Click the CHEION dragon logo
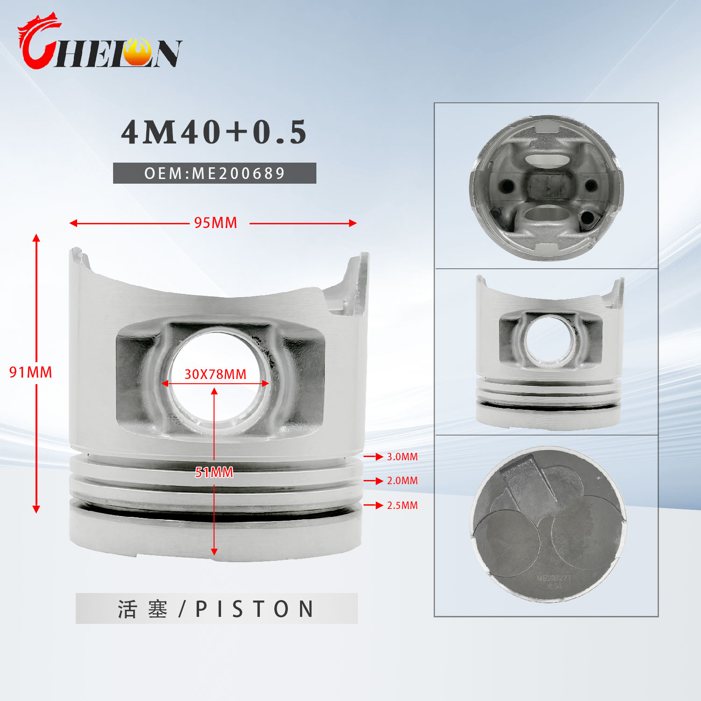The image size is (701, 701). (x=99, y=43)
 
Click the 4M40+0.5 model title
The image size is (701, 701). (x=214, y=132)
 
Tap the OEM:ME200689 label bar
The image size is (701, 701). (x=215, y=173)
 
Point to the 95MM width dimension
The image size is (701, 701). (x=215, y=223)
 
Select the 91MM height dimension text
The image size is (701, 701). (x=31, y=372)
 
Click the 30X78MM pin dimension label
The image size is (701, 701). (x=215, y=374)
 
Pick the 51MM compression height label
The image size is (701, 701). (x=214, y=472)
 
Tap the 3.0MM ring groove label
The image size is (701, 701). (x=402, y=457)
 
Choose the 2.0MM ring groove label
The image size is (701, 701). (x=402, y=480)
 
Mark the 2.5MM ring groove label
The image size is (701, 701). (x=402, y=505)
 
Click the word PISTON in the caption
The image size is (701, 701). (x=255, y=609)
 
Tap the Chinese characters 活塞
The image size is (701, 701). (x=143, y=609)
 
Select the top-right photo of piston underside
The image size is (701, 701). (x=546, y=187)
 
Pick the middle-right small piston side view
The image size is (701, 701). (x=549, y=351)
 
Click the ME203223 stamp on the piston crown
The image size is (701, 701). (x=554, y=579)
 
